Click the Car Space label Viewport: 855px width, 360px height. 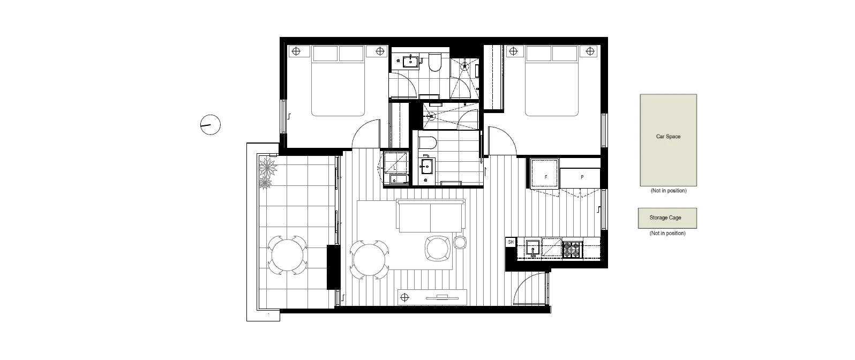coord(668,137)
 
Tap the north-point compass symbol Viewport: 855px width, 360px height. coord(211,125)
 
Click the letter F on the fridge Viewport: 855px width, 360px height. coord(545,177)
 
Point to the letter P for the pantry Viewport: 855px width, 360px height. coord(582,177)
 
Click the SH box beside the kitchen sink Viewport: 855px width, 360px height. coord(511,242)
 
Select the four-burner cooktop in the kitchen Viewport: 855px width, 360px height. coord(572,249)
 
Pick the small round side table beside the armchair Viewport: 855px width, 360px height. coord(460,243)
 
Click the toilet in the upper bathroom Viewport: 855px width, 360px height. coord(434,63)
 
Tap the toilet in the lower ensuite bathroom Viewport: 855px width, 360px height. coord(427,142)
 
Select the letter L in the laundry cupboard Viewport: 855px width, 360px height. coord(395,168)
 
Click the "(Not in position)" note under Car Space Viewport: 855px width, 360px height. coord(668,191)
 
